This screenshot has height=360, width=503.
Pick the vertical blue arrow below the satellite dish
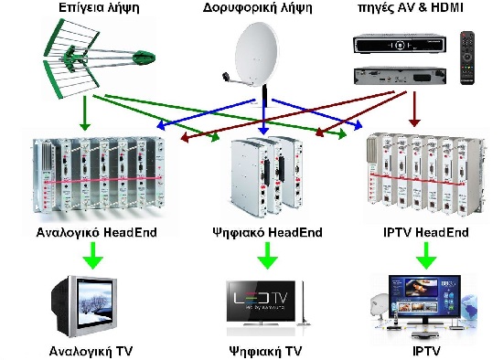pos(264,114)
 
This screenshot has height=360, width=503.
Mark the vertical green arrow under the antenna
pos(84,111)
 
